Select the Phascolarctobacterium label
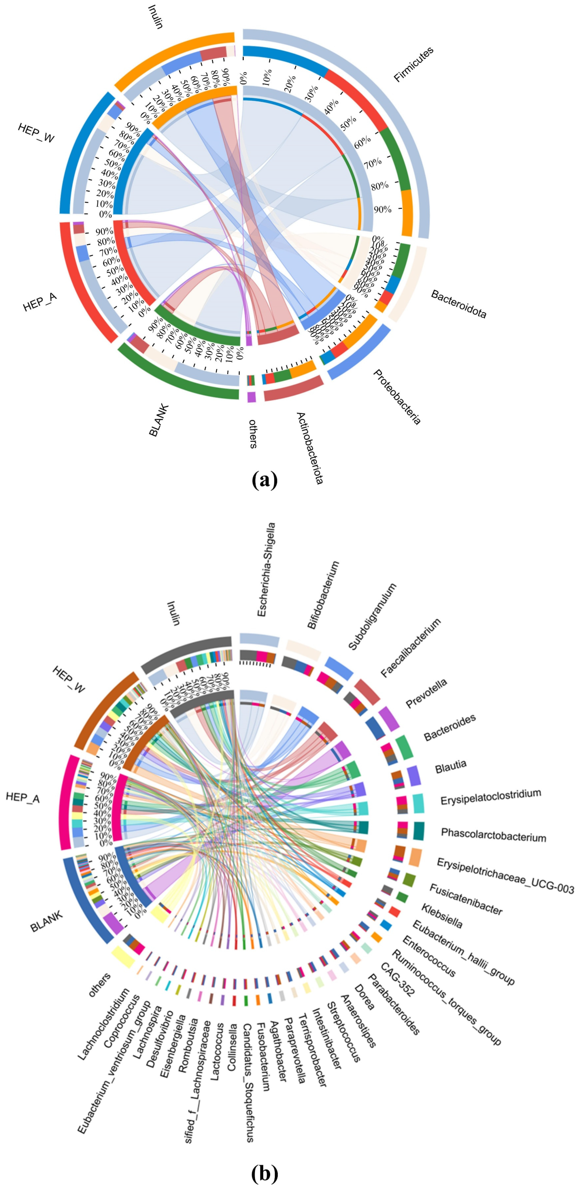(x=493, y=835)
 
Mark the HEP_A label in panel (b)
(x=23, y=797)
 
